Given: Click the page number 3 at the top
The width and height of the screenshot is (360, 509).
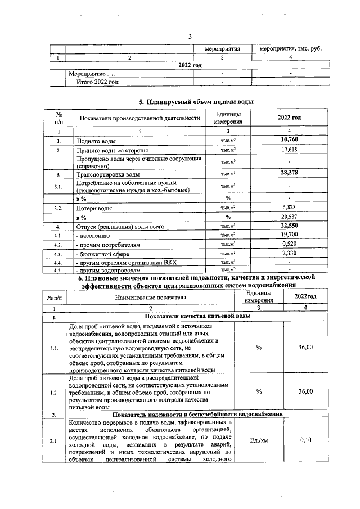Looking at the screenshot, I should point(190,37).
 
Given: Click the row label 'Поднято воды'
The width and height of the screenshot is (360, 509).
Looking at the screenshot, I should point(93,141).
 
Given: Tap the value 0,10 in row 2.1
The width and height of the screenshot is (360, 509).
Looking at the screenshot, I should point(305,440).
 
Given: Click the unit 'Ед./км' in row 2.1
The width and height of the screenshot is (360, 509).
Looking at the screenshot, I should point(259,440).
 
